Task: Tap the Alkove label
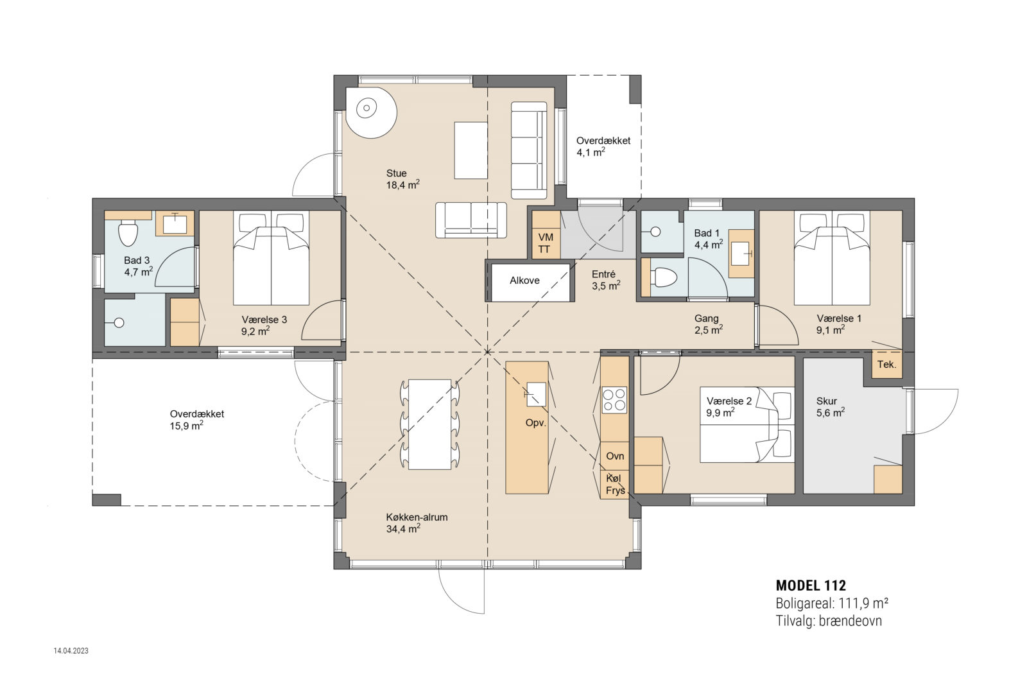click(524, 281)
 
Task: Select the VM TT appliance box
click(546, 243)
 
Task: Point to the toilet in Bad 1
click(663, 277)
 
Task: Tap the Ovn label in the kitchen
click(615, 456)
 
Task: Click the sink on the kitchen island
click(536, 394)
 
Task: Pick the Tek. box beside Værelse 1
click(886, 364)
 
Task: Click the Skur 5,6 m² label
click(830, 407)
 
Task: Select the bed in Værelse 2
click(747, 425)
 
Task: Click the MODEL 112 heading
click(811, 585)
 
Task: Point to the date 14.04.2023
click(71, 651)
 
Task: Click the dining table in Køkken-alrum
click(429, 424)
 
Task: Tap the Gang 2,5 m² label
click(708, 324)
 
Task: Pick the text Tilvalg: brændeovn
click(828, 621)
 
